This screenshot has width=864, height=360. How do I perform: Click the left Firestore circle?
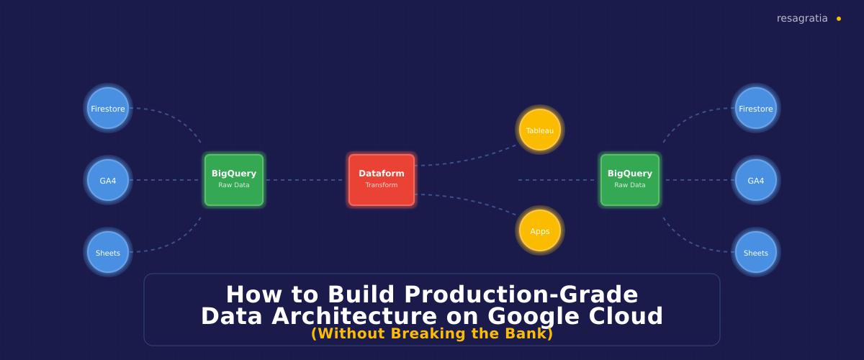pyautogui.click(x=108, y=109)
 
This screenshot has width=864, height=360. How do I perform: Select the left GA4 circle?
pyautogui.click(x=108, y=181)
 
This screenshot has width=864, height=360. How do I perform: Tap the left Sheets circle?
pyautogui.click(x=108, y=253)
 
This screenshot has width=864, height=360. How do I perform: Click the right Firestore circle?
pyautogui.click(x=755, y=109)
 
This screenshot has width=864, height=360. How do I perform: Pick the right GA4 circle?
pyautogui.click(x=755, y=181)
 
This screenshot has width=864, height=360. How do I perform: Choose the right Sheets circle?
pyautogui.click(x=755, y=253)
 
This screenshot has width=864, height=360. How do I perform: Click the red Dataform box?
pyautogui.click(x=382, y=180)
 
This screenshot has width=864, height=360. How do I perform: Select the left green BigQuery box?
pyautogui.click(x=234, y=180)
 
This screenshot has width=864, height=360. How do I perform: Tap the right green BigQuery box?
pyautogui.click(x=630, y=180)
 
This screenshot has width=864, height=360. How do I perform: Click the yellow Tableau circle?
pyautogui.click(x=540, y=130)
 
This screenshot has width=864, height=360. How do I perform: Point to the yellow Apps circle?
pyautogui.click(x=540, y=231)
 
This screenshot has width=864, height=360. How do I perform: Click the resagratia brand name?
pyautogui.click(x=802, y=19)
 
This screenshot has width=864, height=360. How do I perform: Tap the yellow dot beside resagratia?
pyautogui.click(x=839, y=19)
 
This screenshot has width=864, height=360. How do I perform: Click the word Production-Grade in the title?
pyautogui.click(x=521, y=294)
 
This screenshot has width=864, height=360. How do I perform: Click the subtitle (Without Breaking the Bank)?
pyautogui.click(x=432, y=334)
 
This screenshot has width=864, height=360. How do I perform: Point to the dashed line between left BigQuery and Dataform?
pyautogui.click(x=306, y=180)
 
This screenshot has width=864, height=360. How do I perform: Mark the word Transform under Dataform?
pyautogui.click(x=382, y=185)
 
